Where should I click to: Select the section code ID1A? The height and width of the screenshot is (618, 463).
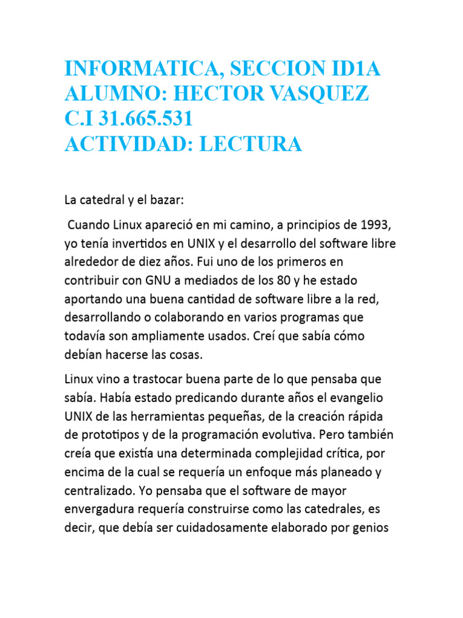pos(349,69)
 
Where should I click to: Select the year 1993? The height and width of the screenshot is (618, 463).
pos(374,226)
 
